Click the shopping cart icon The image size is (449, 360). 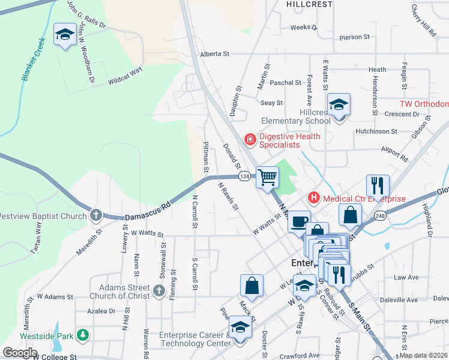click(x=267, y=177)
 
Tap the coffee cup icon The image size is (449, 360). click(x=298, y=222)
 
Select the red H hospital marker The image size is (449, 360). click(x=313, y=197)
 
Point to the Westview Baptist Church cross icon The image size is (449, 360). click(x=96, y=215)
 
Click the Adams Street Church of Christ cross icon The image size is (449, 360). click(x=158, y=291)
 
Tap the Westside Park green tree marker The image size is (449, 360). click(x=83, y=335)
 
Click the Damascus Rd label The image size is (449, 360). click(x=147, y=211)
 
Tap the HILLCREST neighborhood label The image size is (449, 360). click(x=309, y=4)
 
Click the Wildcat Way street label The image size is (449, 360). click(x=125, y=75)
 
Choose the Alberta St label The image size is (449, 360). click(x=215, y=53)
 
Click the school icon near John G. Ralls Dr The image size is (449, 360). click(x=65, y=35)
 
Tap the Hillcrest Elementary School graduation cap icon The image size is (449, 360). click(x=339, y=105)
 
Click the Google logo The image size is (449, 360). click(x=20, y=353)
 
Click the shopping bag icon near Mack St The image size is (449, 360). click(x=252, y=286)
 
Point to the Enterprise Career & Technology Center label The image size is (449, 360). click(x=194, y=339)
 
